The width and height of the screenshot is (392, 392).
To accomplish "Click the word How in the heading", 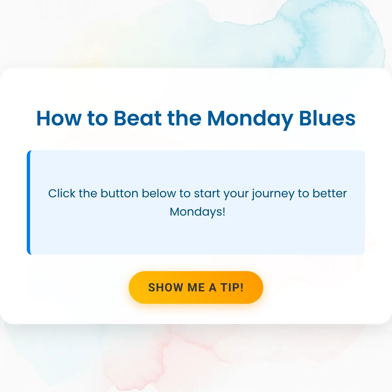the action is pyautogui.click(x=59, y=118).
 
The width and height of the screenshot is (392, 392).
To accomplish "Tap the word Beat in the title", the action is pyautogui.click(x=138, y=118).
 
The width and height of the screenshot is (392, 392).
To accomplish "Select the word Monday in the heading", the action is pyautogui.click(x=250, y=120).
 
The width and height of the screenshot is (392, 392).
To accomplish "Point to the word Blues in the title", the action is pyautogui.click(x=327, y=118).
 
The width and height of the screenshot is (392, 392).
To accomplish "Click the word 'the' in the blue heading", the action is pyautogui.click(x=184, y=118).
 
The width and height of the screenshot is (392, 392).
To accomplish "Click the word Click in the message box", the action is pyautogui.click(x=62, y=193).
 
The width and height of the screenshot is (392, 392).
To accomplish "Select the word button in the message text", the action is pyautogui.click(x=120, y=193).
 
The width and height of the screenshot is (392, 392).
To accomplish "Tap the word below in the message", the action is pyautogui.click(x=159, y=193).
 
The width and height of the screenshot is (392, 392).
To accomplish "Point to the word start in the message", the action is pyautogui.click(x=207, y=194).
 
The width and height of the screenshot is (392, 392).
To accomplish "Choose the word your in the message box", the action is pyautogui.click(x=236, y=195).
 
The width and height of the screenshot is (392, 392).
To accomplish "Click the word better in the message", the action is pyautogui.click(x=330, y=193).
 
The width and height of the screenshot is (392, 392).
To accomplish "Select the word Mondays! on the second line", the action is pyautogui.click(x=198, y=212).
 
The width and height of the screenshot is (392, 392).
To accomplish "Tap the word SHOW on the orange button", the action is pyautogui.click(x=165, y=287).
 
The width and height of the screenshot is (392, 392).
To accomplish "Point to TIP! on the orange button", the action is pyautogui.click(x=232, y=287).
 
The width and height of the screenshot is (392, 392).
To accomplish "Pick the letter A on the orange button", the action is pyautogui.click(x=213, y=287).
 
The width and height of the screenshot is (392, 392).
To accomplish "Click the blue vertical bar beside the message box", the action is pyautogui.click(x=29, y=203).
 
